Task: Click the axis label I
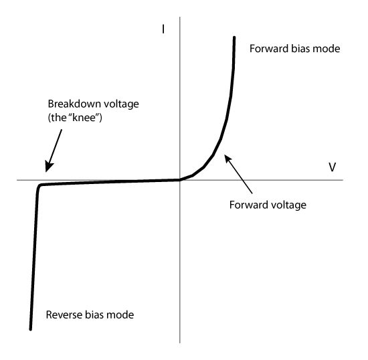pyautogui.click(x=163, y=29)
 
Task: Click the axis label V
pyautogui.click(x=332, y=167)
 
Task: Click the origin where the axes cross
pyautogui.click(x=180, y=180)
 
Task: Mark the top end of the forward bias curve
pyautogui.click(x=234, y=37)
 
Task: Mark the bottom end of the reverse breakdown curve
pyautogui.click(x=31, y=329)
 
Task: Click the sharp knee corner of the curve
pyautogui.click(x=39, y=186)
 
